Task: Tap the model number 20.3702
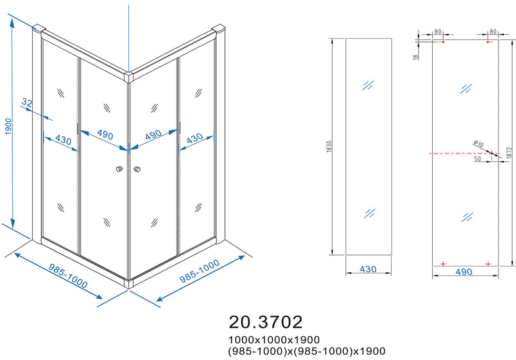265,321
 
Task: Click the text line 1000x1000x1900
273,339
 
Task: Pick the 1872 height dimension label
508,153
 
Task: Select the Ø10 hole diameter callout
479,144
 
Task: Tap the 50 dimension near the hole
477,159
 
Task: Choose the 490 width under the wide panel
464,272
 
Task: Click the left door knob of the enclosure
118,170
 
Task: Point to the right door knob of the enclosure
137,170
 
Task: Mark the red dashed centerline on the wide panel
451,154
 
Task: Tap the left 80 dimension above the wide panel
437,31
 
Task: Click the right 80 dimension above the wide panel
493,31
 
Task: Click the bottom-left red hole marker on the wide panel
442,263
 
